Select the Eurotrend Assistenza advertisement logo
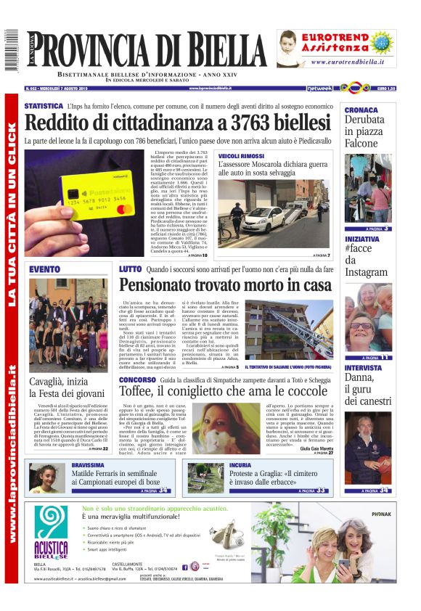336,49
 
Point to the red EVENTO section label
45,269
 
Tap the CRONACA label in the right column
361,110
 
